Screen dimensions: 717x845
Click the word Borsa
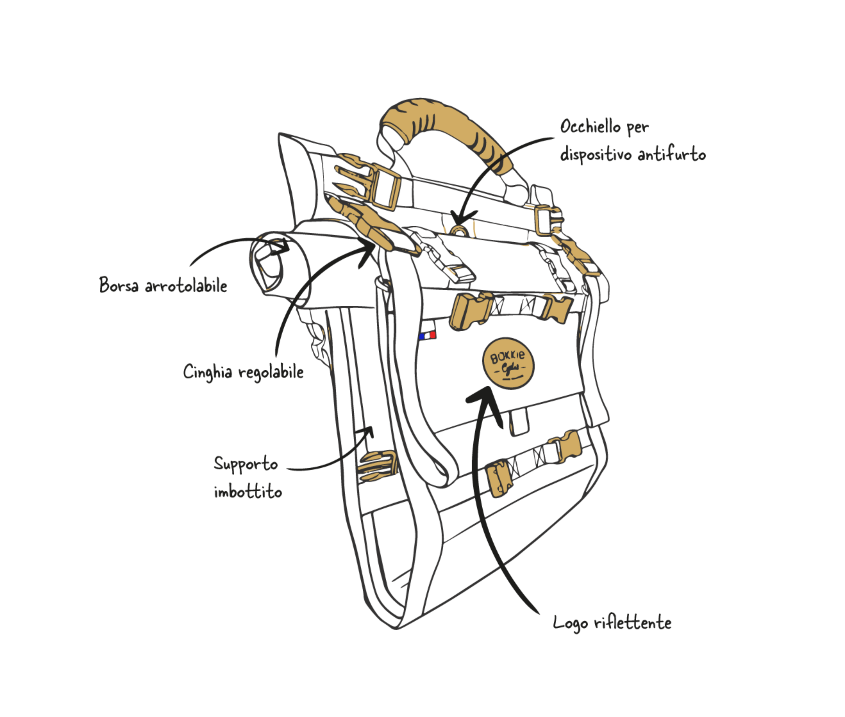[119, 285]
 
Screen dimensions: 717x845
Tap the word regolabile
[271, 372]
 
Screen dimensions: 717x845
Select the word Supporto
[245, 464]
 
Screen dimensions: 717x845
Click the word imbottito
[247, 492]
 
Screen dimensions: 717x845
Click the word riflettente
[632, 623]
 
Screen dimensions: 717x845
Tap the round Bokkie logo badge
[508, 363]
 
